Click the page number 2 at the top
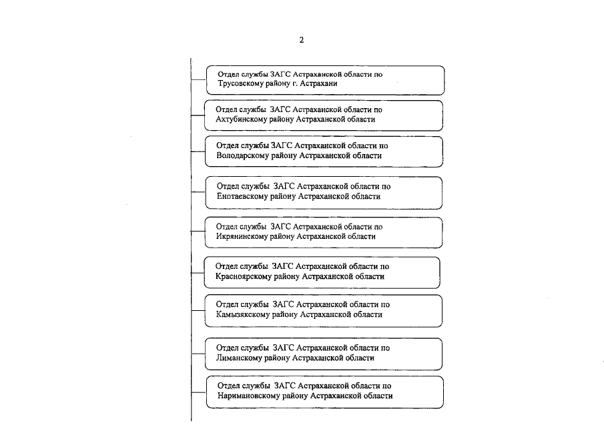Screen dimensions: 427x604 [x=301, y=40]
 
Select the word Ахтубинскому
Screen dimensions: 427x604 [x=242, y=119]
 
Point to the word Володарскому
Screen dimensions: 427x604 [x=244, y=155]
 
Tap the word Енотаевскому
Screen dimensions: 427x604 [x=244, y=197]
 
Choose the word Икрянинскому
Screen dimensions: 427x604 [x=244, y=236]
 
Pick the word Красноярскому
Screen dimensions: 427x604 [x=244, y=276]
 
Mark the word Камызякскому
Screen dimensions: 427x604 [x=244, y=314]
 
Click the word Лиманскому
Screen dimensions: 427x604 [x=238, y=358]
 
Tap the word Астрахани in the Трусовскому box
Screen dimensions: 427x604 [x=318, y=85]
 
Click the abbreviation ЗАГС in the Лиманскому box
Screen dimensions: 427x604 [x=284, y=348]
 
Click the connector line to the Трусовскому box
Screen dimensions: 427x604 [x=198, y=80]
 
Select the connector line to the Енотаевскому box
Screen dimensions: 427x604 [x=198, y=192]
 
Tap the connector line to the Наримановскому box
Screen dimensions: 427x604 [x=198, y=391]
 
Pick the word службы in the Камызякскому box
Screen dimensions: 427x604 [x=254, y=304]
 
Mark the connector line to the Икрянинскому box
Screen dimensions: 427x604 [x=198, y=232]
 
